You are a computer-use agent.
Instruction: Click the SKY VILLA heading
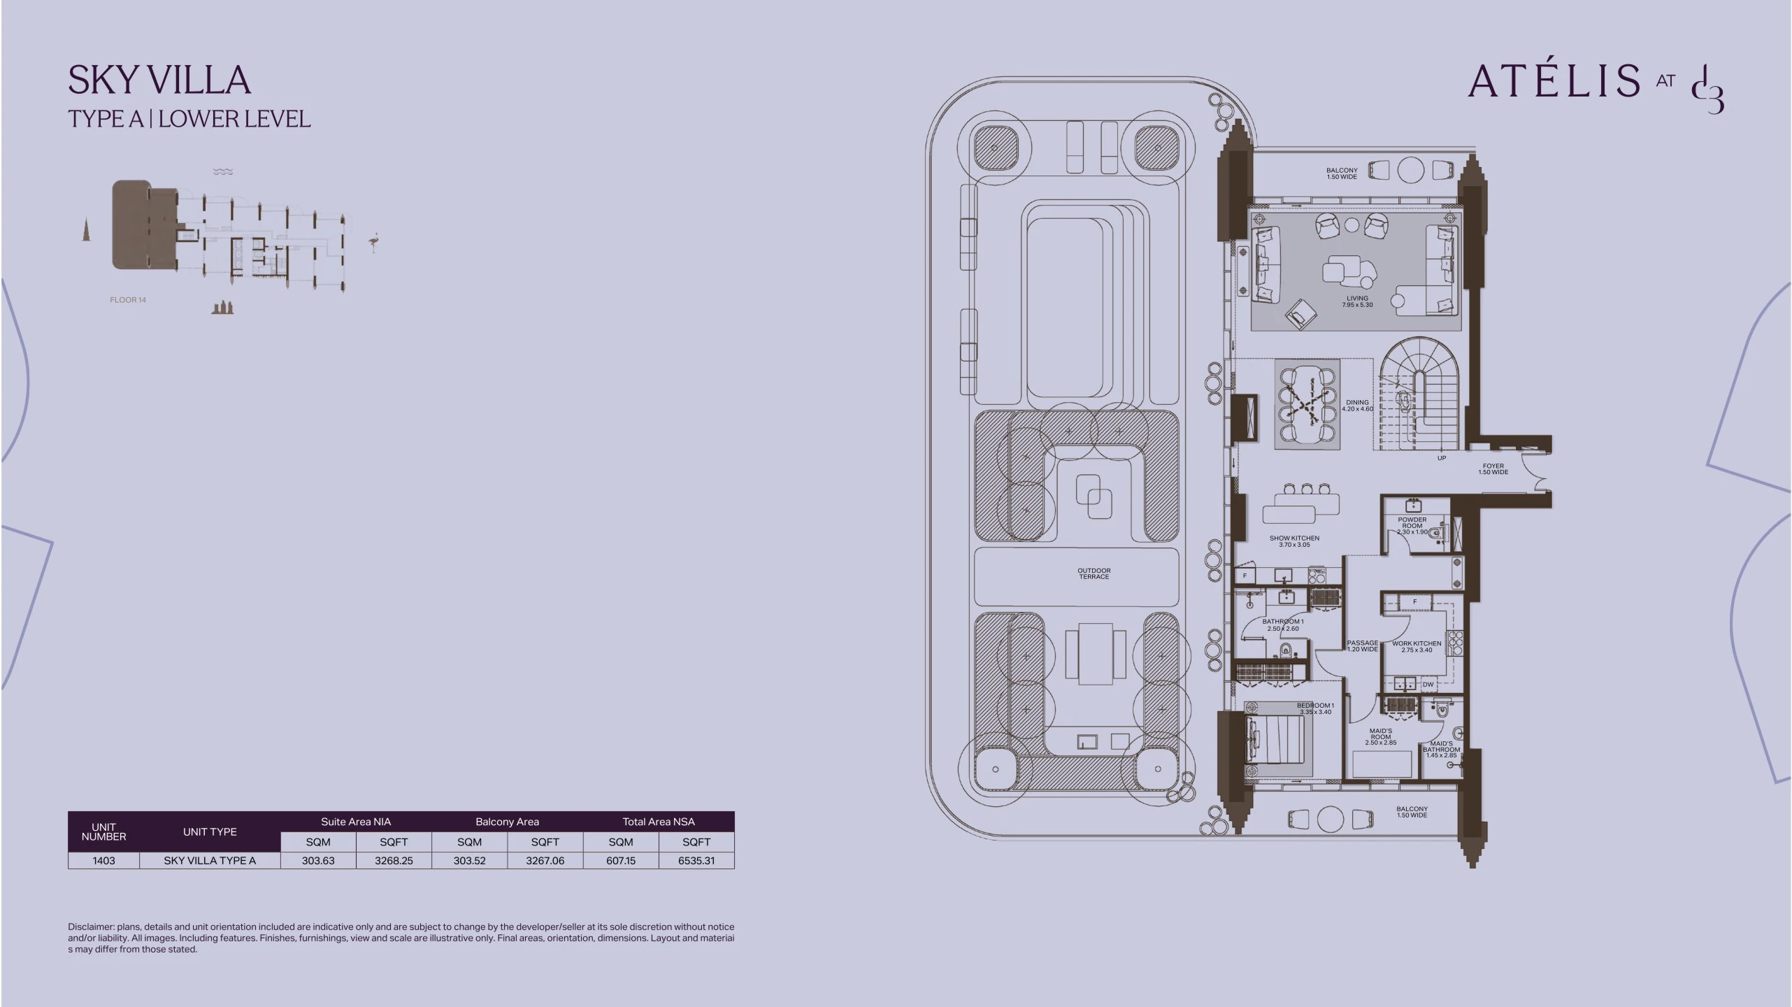[x=159, y=80]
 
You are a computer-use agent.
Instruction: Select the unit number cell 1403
[x=103, y=861]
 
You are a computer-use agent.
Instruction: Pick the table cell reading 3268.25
[x=394, y=861]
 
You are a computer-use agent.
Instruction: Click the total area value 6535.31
[x=696, y=861]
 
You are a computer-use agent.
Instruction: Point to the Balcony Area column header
[x=507, y=822]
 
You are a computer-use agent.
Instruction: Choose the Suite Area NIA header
[x=356, y=822]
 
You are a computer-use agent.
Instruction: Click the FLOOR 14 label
[x=128, y=300]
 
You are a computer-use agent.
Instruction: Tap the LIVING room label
[x=1357, y=299]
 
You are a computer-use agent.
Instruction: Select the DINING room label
[x=1357, y=402]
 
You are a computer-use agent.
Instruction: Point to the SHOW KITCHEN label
[x=1294, y=538]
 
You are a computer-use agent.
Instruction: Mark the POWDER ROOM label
[x=1412, y=523]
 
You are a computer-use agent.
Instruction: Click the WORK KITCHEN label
[x=1417, y=643]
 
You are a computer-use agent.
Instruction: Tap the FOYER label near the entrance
[x=1493, y=466]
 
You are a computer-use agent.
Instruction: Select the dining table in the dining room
[x=1307, y=403]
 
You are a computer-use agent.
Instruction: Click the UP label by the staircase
[x=1441, y=458]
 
